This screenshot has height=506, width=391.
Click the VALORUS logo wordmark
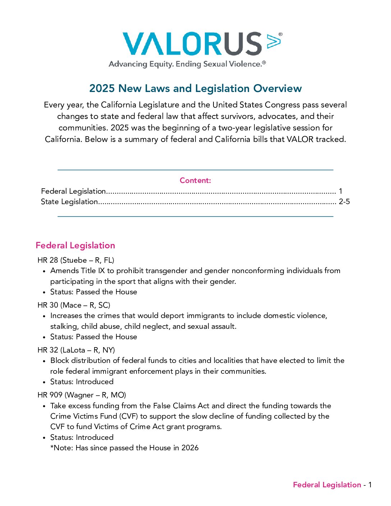[192, 44]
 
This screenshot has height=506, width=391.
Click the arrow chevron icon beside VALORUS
[274, 41]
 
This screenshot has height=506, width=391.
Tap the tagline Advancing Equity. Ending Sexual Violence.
[187, 64]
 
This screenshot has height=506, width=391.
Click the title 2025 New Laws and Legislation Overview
[195, 88]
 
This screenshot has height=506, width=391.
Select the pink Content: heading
[195, 180]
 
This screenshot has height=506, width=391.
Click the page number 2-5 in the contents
[344, 202]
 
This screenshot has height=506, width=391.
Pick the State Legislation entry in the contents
[69, 202]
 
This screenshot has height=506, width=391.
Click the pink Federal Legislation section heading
[75, 245]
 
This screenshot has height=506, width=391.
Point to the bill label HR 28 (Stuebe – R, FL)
[76, 260]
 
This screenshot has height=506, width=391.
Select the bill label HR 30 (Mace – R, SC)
[74, 305]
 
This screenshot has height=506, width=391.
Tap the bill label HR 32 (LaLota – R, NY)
[76, 350]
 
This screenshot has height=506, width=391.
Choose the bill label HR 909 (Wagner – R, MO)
[82, 395]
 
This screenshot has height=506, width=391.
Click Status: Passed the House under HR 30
[93, 337]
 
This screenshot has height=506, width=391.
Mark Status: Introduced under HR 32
[82, 382]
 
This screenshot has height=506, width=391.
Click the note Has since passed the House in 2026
[137, 448]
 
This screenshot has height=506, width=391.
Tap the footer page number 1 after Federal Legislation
[370, 485]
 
